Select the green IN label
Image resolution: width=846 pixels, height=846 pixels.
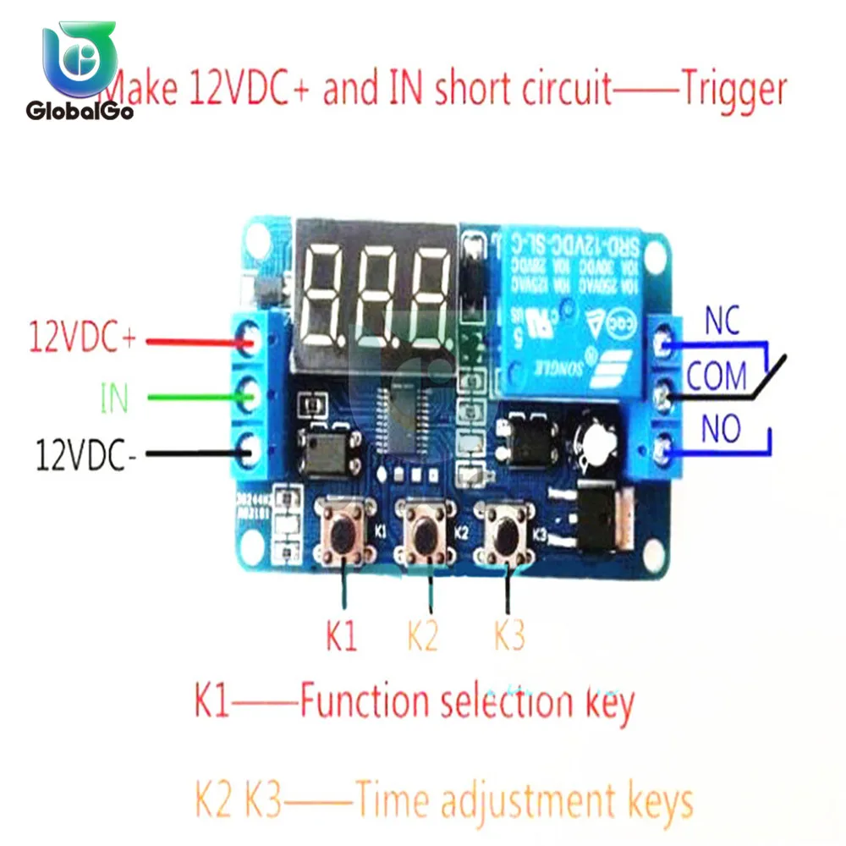pos(113,398)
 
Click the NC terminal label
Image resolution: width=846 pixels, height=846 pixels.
pos(722,321)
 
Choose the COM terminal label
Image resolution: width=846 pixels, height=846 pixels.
pos(716,376)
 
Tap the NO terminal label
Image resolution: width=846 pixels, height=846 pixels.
pos(721,430)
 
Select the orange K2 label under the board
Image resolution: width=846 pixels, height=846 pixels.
pos(422,635)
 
